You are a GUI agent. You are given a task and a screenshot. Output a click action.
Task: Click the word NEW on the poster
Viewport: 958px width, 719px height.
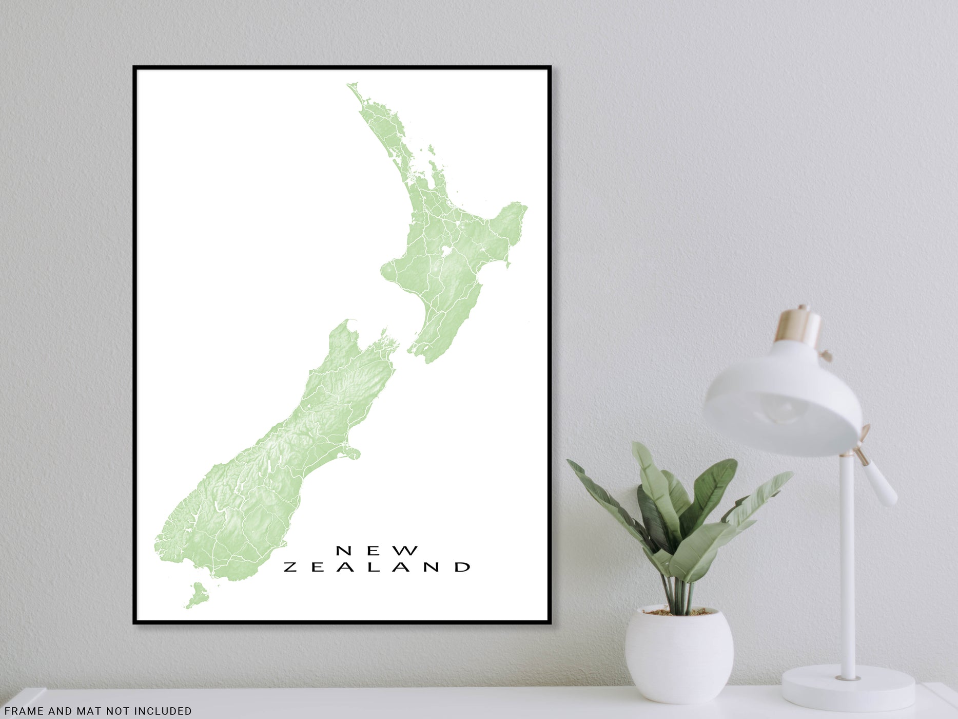point(377,551)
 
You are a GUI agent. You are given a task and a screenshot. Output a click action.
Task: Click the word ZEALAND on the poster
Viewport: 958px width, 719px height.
point(377,567)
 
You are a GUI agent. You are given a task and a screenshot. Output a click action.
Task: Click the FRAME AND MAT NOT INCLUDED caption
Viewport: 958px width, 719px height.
point(97,711)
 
